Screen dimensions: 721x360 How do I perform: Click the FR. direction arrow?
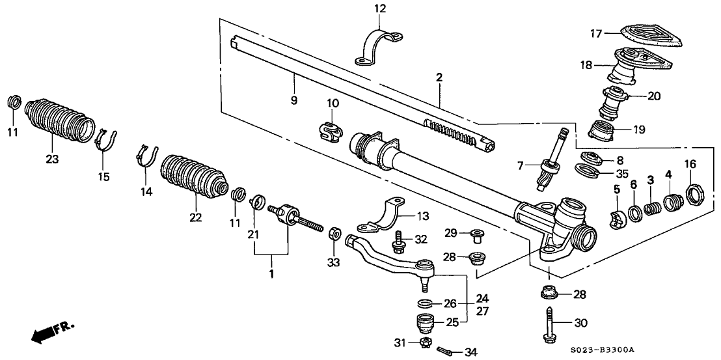coord(51,333)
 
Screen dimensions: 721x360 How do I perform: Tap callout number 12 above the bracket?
coord(380,8)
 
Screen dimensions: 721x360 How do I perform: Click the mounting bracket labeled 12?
coord(379,48)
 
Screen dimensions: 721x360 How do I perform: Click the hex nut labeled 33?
coord(334,233)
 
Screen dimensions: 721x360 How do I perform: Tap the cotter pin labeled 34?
coord(446,352)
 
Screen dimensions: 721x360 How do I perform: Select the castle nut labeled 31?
coord(425,342)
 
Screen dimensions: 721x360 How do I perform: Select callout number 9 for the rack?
coord(294,100)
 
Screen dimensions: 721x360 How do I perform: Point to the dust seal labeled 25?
coord(425,323)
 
